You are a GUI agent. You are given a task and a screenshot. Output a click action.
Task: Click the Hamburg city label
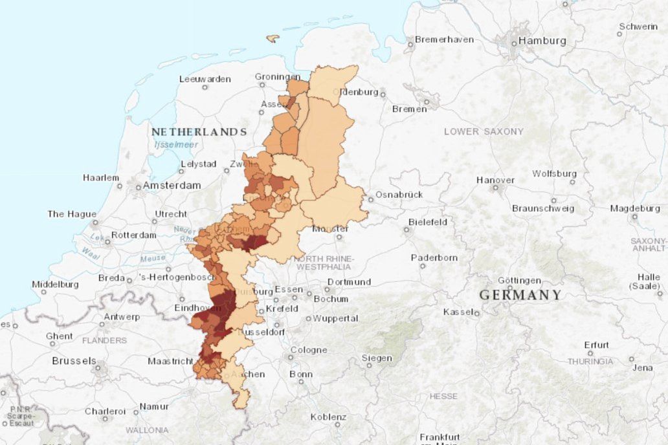(x=541, y=41)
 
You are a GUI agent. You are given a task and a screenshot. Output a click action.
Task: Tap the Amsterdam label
(x=172, y=185)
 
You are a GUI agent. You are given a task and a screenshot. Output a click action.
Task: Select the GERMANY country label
(x=520, y=295)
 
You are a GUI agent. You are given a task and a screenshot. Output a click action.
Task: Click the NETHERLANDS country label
(x=199, y=132)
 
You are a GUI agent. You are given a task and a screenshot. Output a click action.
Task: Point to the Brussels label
(x=74, y=360)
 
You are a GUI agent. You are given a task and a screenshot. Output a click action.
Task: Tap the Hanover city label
(x=495, y=180)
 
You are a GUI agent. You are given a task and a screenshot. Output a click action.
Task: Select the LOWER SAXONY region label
(x=484, y=131)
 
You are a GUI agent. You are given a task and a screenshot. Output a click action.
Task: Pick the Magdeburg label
(x=635, y=208)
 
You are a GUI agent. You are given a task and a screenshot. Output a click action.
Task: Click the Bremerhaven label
(x=444, y=39)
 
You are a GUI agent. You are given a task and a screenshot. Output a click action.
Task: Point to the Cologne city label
(x=308, y=350)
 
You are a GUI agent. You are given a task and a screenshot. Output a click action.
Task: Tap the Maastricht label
(x=170, y=361)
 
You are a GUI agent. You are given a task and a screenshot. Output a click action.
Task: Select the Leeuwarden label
(x=205, y=79)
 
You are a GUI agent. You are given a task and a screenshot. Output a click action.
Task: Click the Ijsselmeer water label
(x=176, y=145)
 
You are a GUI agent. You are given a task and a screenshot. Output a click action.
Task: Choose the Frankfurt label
(x=440, y=437)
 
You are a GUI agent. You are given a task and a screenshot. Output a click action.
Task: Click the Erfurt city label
(x=596, y=345)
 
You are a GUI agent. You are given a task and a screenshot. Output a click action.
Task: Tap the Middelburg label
(x=55, y=284)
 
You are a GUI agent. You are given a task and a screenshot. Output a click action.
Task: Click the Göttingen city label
(x=519, y=280)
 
